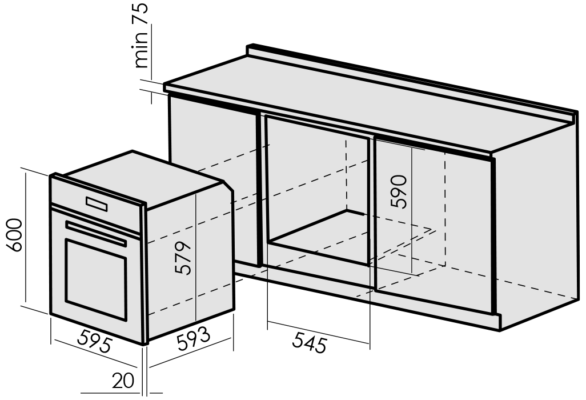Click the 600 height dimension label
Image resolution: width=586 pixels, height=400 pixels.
(x=15, y=235)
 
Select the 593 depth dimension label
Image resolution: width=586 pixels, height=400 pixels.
(x=193, y=338)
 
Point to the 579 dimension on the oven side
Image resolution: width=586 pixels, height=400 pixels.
(x=183, y=258)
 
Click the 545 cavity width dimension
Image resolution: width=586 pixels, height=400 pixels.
(x=310, y=341)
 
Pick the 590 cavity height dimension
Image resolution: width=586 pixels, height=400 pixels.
(x=398, y=191)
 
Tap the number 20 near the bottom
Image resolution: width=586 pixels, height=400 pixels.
(x=123, y=381)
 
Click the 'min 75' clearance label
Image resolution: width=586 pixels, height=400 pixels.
(x=142, y=36)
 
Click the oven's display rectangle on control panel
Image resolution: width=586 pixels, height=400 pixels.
(x=97, y=204)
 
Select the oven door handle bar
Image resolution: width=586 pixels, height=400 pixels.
(x=96, y=233)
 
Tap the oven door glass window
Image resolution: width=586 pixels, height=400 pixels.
(x=96, y=279)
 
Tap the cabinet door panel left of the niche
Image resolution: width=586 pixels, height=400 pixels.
(x=213, y=179)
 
